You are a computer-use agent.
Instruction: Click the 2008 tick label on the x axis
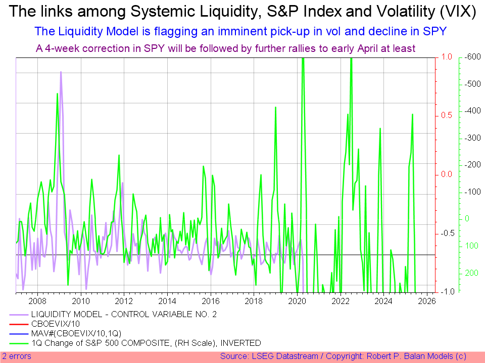[x=37, y=301]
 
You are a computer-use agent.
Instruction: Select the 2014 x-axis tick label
[x=167, y=301]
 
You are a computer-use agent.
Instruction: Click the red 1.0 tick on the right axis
[x=447, y=57]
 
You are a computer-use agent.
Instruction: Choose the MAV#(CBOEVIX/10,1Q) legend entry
[x=76, y=333]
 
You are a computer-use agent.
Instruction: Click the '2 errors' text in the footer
[x=17, y=356]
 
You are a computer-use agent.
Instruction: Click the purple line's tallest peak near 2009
[x=61, y=72]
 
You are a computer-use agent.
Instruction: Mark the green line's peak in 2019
[x=275, y=107]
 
